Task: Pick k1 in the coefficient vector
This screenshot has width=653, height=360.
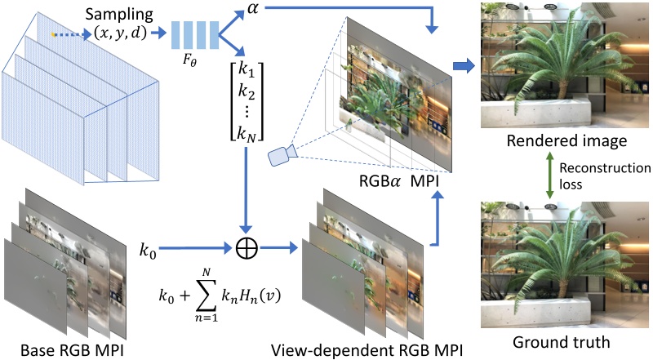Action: [x=247, y=70]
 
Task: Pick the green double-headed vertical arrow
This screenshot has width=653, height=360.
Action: [x=552, y=176]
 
